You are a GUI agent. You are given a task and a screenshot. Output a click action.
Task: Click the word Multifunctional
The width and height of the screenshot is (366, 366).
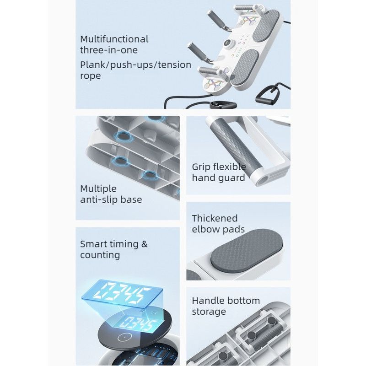(114, 39)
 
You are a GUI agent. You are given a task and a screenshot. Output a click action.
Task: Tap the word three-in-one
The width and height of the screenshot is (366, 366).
(109, 50)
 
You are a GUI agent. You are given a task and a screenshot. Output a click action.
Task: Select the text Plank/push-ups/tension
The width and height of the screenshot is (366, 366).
(135, 65)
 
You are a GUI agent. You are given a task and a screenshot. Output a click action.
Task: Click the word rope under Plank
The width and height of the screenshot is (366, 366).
(90, 76)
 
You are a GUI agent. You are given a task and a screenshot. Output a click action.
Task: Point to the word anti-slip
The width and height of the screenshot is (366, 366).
(98, 199)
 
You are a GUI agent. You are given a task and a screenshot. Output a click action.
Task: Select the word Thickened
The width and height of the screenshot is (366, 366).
(215, 219)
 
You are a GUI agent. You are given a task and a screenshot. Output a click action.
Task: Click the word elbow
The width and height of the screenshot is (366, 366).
(205, 229)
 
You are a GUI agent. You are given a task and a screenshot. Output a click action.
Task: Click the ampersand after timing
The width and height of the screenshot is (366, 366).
(145, 244)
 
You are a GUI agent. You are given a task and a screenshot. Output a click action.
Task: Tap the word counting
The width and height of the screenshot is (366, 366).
(100, 255)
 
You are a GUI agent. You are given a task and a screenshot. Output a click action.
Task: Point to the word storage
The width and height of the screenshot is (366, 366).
(209, 312)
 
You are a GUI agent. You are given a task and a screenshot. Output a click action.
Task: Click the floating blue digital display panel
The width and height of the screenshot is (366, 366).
(122, 294)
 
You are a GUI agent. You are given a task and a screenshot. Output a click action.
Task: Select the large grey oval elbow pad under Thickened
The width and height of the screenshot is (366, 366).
(247, 250)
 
